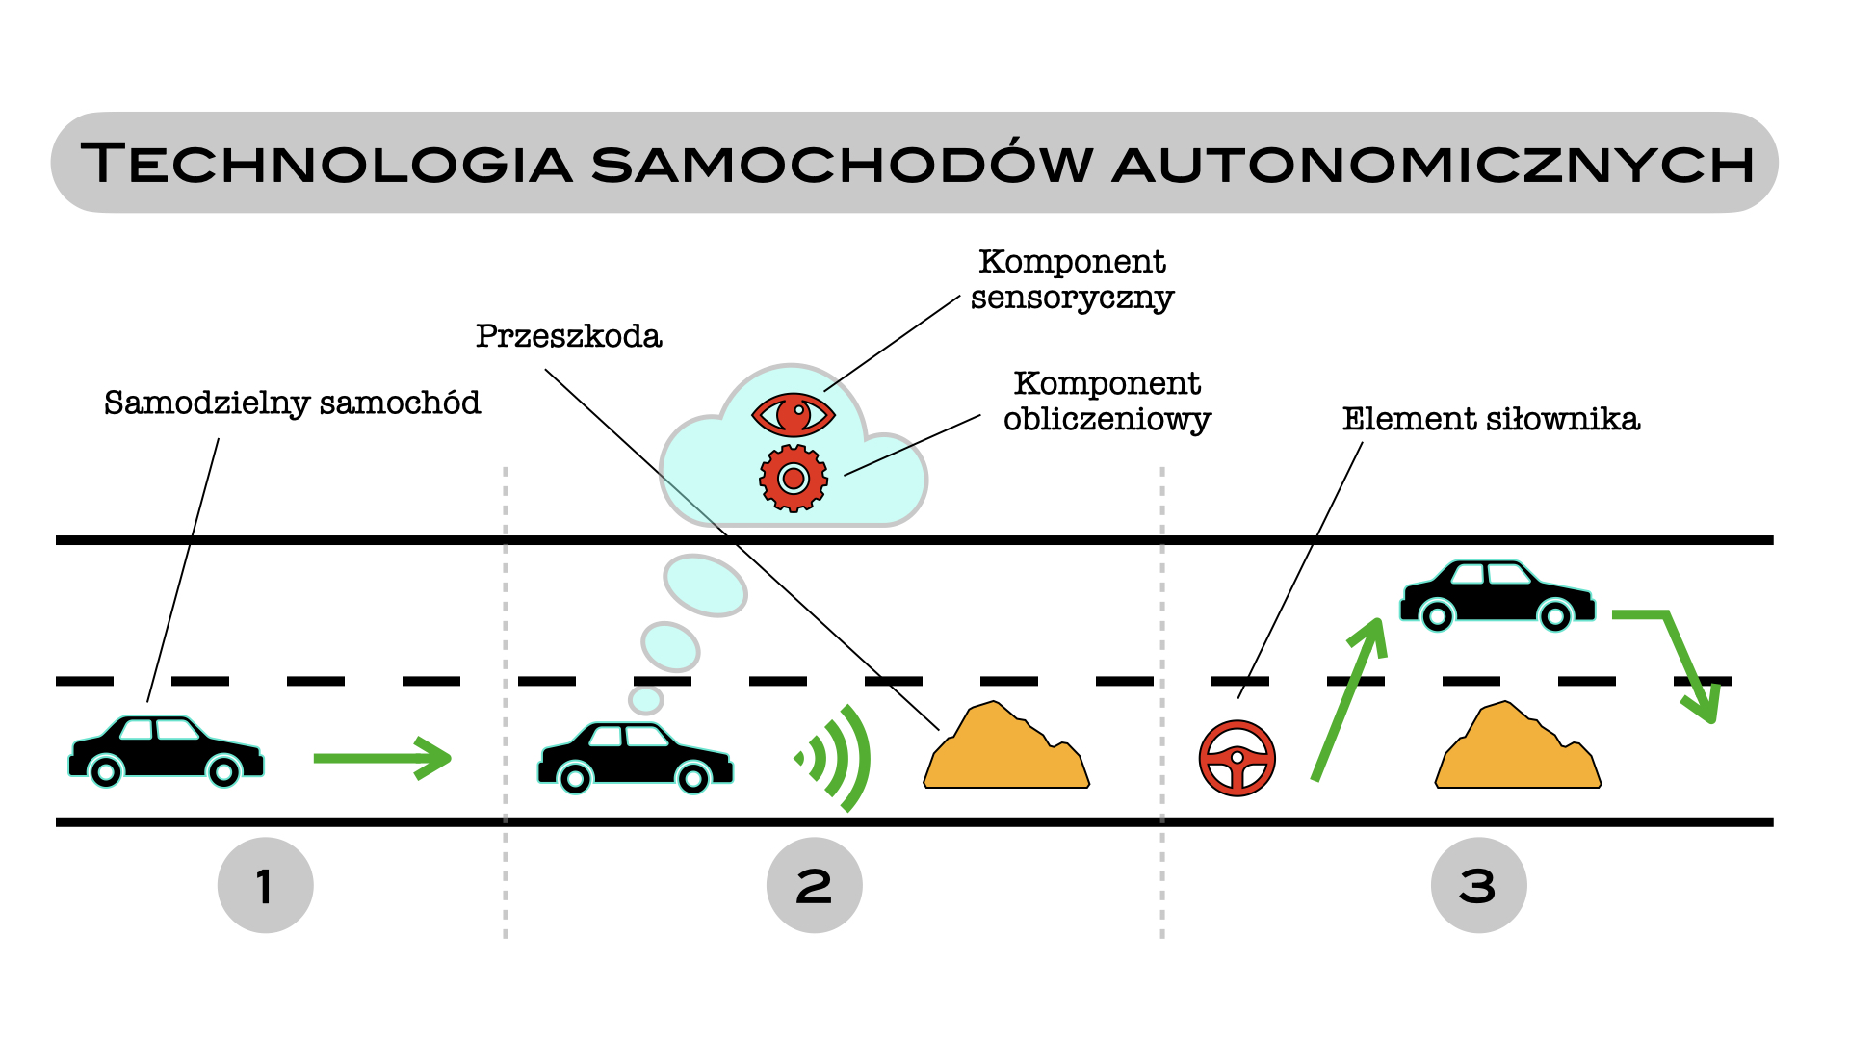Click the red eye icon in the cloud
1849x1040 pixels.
[x=793, y=415]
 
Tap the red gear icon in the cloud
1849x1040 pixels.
[x=793, y=478]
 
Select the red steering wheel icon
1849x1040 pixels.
[x=1237, y=758]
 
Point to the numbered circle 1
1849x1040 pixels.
[x=265, y=885]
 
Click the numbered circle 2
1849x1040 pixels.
[x=814, y=885]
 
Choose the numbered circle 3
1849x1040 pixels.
[x=1478, y=885]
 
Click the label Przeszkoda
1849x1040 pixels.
[x=568, y=336]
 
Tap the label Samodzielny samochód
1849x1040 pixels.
[x=292, y=403]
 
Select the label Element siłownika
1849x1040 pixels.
[x=1491, y=419]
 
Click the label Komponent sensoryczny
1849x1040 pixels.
[x=1072, y=279]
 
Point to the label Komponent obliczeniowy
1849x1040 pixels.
[x=1107, y=401]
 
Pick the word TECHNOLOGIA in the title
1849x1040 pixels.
[x=327, y=164]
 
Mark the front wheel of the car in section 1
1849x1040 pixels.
[x=223, y=771]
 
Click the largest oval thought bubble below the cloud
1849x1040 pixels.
[x=705, y=585]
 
